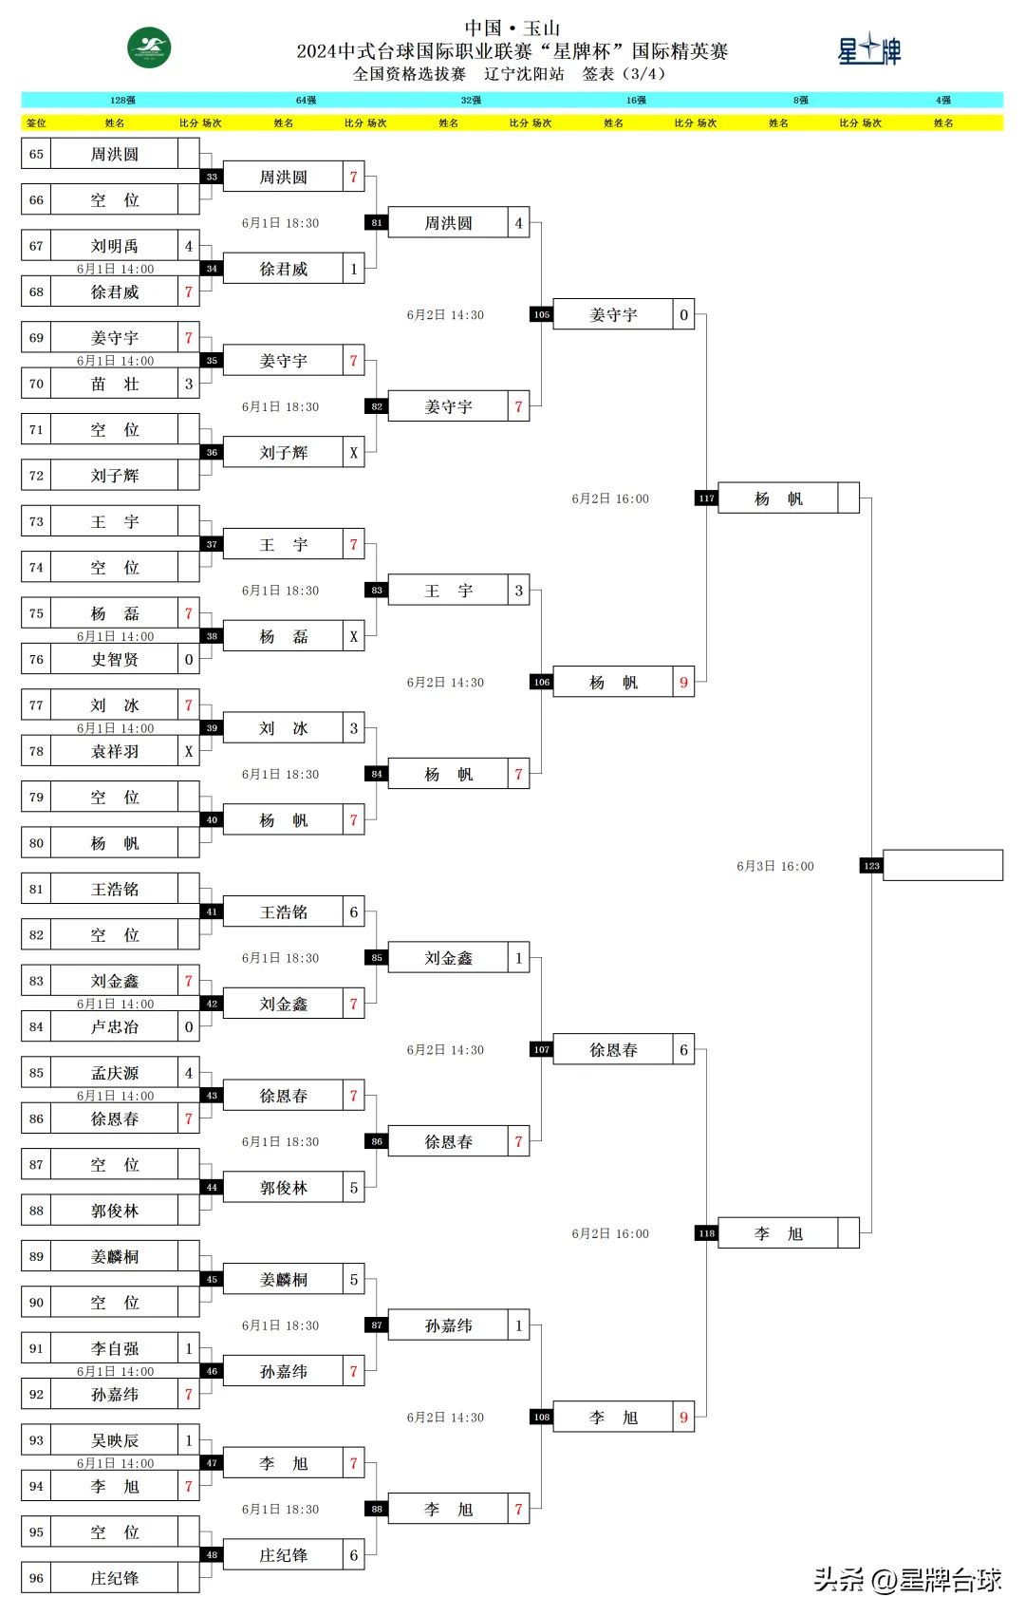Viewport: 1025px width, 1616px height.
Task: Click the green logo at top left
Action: (x=149, y=47)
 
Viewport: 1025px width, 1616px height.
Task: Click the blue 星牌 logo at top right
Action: (x=868, y=50)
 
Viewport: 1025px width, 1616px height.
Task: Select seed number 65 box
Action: (x=36, y=154)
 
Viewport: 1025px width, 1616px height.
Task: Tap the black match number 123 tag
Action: (x=871, y=866)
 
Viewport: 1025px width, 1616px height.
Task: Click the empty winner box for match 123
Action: (x=942, y=866)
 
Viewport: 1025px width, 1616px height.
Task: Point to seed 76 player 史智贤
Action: (x=114, y=660)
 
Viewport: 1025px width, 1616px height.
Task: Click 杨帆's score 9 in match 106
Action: (x=683, y=683)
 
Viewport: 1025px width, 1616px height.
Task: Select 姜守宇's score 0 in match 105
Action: (x=683, y=315)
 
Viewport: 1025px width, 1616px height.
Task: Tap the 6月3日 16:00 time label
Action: (x=775, y=866)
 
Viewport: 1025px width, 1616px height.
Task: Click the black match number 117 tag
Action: (x=706, y=498)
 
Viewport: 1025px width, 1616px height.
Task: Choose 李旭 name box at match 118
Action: (x=778, y=1233)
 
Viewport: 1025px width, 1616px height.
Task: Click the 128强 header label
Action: (x=122, y=100)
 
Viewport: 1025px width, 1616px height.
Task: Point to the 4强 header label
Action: (x=942, y=100)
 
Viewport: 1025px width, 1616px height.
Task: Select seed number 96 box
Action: (x=36, y=1578)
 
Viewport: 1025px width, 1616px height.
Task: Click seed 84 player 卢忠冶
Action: (x=114, y=1027)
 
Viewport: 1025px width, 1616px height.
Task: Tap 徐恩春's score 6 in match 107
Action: (x=683, y=1050)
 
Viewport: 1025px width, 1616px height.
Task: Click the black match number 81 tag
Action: (x=377, y=223)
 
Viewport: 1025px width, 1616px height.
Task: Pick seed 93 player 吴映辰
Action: (x=114, y=1440)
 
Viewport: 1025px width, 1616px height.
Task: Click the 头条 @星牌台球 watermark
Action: (x=907, y=1579)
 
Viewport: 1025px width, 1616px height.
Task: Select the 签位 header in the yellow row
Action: (x=36, y=122)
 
